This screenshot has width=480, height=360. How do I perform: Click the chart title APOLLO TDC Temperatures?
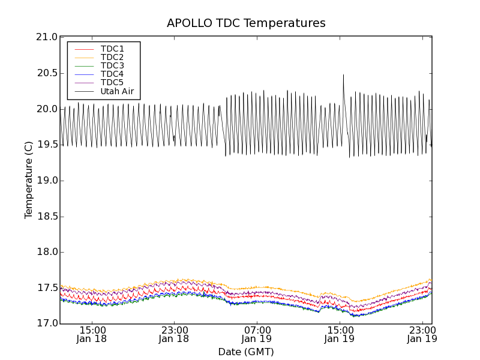click(246, 23)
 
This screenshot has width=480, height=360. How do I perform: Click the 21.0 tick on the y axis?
click(47, 37)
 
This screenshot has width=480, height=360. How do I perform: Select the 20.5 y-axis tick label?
click(47, 73)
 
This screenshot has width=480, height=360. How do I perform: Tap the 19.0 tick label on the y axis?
click(47, 181)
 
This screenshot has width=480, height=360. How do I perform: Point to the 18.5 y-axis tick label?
click(47, 217)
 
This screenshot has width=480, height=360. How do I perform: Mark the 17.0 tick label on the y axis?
click(47, 324)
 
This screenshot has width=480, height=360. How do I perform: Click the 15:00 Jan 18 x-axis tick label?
click(92, 334)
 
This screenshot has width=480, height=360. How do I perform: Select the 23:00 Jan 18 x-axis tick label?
click(175, 334)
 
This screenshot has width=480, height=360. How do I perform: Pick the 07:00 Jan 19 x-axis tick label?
click(257, 334)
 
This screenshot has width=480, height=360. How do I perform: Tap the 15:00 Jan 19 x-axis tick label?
click(340, 334)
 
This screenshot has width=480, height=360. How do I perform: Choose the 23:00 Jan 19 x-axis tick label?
click(422, 334)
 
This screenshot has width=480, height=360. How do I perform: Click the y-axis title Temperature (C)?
click(29, 180)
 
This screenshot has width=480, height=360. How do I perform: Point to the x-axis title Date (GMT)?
click(246, 352)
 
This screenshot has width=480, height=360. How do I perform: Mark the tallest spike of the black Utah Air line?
click(343, 75)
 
